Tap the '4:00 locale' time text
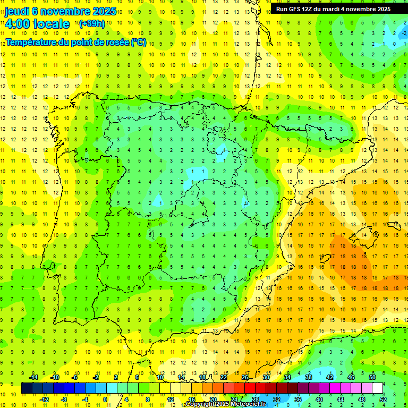[37, 24]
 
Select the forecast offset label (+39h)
[92, 24]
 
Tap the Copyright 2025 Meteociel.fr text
[226, 404]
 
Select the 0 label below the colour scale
[105, 399]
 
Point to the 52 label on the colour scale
[382, 399]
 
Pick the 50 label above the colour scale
[372, 377]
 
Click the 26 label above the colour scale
[245, 377]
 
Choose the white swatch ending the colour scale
[377, 388]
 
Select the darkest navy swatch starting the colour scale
[27, 388]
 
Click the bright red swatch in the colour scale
[250, 388]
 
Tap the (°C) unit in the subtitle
[139, 42]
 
